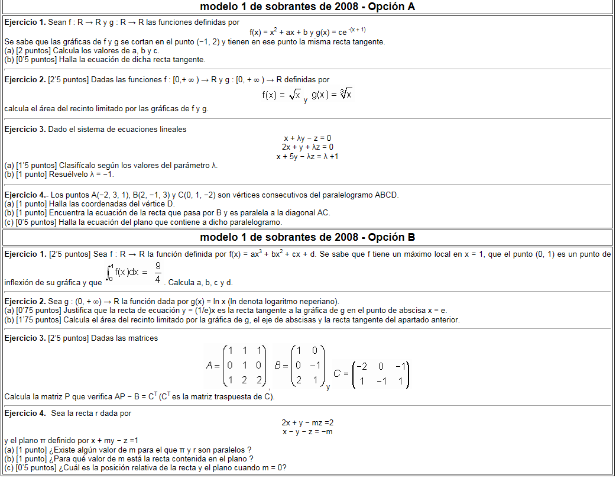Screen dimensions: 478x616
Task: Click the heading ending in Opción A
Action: click(307, 7)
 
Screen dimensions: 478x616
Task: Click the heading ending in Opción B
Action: click(307, 237)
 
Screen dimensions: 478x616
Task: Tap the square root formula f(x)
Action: click(281, 95)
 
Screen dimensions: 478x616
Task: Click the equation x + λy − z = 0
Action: click(307, 138)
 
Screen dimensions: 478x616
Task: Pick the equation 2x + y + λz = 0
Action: click(307, 147)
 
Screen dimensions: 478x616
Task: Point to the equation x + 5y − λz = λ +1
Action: click(307, 156)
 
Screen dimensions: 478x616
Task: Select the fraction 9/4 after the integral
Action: click(158, 273)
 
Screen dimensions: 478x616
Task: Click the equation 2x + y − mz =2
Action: click(307, 422)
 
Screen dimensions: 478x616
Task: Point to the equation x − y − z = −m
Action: click(307, 431)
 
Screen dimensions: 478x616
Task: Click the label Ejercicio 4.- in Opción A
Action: click(25, 195)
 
